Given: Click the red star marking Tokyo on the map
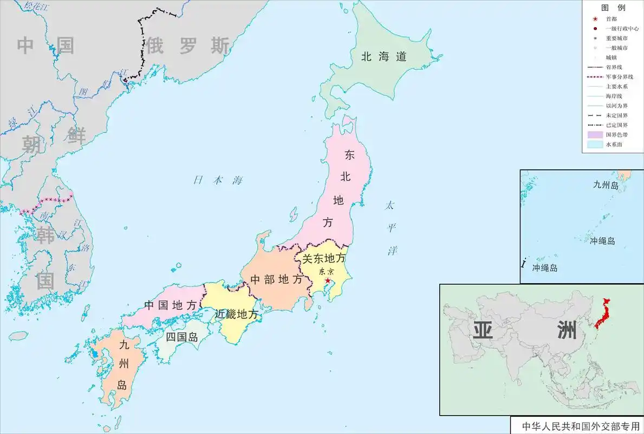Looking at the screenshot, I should [327, 280].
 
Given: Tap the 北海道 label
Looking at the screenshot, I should [384, 56].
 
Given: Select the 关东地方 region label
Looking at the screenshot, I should [323, 259].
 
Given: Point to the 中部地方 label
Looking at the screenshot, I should [276, 280].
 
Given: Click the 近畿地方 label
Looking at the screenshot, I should [236, 314].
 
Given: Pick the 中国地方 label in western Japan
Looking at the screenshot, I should [170, 305].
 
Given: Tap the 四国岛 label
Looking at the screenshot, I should [181, 337].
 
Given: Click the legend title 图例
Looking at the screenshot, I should [613, 8].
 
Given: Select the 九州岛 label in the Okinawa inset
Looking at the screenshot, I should [606, 185].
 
